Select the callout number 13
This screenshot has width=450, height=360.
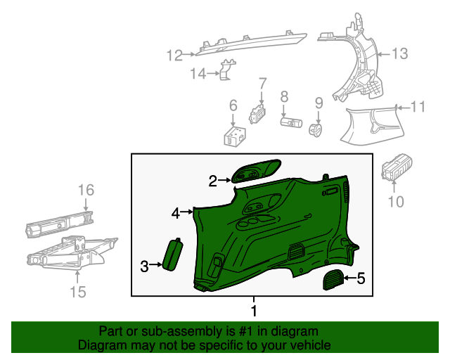(x=399, y=53)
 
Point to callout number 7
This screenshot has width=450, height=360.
(x=262, y=83)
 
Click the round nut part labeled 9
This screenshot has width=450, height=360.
(x=317, y=129)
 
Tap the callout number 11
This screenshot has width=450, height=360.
(x=418, y=108)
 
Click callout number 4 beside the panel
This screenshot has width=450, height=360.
(x=176, y=211)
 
